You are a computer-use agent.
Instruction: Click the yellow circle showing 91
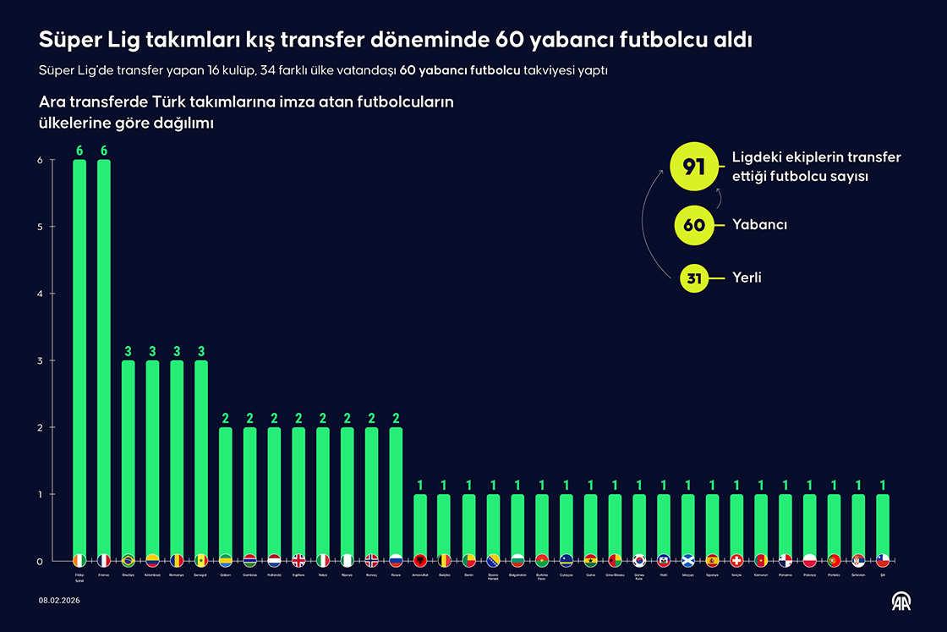point(694,167)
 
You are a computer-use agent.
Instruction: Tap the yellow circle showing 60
point(694,225)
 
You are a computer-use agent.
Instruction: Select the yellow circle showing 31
point(694,278)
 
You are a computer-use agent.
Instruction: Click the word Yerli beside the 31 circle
point(747,278)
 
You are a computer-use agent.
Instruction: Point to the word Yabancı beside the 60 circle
point(759,225)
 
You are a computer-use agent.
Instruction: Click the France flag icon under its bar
point(104,560)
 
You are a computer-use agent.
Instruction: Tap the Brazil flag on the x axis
point(129,560)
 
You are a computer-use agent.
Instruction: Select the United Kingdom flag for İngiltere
point(298,560)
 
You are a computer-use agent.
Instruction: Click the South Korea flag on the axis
point(639,560)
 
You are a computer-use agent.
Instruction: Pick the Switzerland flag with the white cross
point(736,560)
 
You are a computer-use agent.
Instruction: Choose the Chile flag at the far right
point(883,560)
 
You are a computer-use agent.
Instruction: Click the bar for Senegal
point(201,457)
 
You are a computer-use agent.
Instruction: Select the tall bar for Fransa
point(104,355)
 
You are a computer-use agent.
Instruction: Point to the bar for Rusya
point(396,491)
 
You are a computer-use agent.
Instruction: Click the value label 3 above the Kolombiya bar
point(153,351)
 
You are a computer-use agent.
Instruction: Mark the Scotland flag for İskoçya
point(688,560)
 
